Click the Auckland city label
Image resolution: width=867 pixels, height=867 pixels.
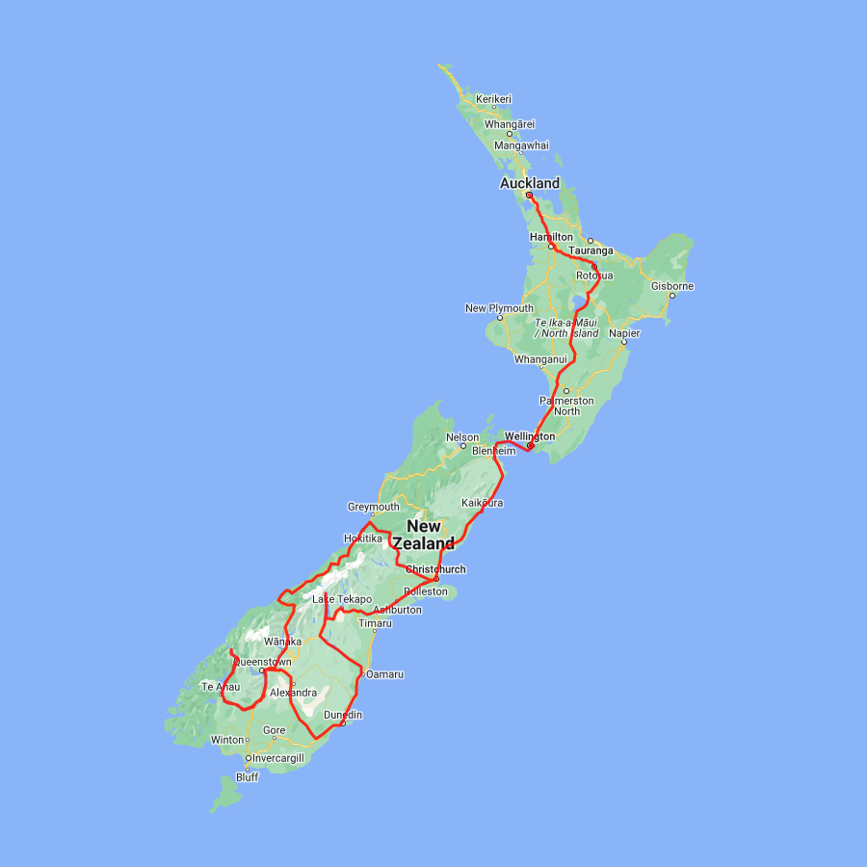click(x=529, y=183)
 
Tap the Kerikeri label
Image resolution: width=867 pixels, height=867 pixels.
click(x=493, y=99)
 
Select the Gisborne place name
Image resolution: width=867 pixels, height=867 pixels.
click(x=671, y=286)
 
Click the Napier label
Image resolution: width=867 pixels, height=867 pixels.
click(x=623, y=332)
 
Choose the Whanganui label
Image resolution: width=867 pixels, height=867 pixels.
click(x=540, y=358)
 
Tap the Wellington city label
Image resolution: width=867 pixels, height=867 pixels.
click(x=530, y=436)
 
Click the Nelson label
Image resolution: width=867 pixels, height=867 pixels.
click(x=461, y=437)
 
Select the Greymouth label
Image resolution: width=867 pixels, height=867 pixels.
click(x=373, y=507)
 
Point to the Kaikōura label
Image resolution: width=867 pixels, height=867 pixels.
click(x=482, y=503)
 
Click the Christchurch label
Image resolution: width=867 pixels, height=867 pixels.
click(x=435, y=569)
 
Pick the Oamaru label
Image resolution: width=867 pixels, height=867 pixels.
click(x=384, y=673)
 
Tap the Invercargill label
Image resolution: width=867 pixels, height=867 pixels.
click(x=277, y=758)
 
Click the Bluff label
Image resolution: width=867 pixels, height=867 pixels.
click(x=247, y=777)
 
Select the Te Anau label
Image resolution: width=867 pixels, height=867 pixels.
click(x=220, y=687)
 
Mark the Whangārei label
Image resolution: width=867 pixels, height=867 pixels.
click(x=510, y=124)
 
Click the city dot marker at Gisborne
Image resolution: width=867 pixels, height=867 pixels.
click(x=671, y=296)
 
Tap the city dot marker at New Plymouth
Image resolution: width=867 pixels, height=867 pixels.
click(x=500, y=318)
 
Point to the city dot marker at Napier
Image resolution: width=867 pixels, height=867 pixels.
click(x=623, y=342)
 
